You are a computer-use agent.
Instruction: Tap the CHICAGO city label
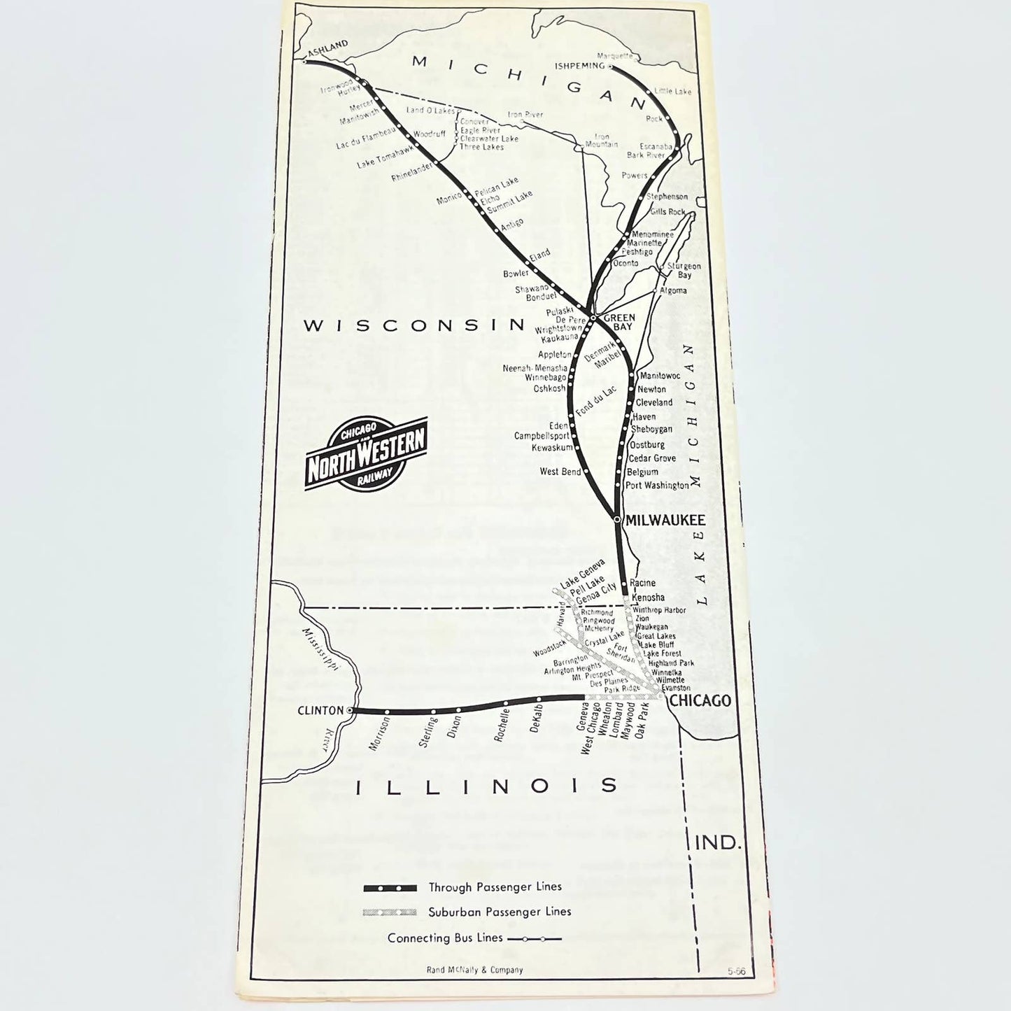700,700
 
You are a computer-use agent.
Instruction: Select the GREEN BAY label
619,322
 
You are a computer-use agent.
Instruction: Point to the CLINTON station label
320,710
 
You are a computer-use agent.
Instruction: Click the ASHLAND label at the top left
327,47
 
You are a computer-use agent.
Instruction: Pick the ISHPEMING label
579,66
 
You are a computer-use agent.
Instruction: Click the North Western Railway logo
365,453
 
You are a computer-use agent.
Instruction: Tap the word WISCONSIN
414,325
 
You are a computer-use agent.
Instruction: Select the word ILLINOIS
487,786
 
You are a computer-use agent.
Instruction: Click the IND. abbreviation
718,842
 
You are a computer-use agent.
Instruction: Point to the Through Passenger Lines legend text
495,887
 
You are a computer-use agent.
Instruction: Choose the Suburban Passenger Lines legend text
500,912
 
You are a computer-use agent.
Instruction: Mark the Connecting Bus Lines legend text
445,938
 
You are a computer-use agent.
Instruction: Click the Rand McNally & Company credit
474,970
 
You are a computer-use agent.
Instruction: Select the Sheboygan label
651,429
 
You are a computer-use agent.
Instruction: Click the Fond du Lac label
595,402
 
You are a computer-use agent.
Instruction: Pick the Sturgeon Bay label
683,270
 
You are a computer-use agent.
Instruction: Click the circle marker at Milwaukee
616,519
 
